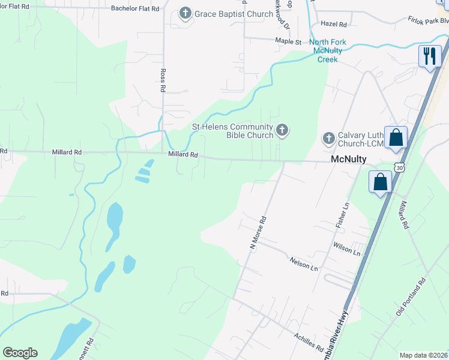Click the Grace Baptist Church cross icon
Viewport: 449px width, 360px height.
click(x=185, y=14)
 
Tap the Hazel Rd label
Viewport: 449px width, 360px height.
click(x=334, y=25)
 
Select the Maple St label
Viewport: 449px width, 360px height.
click(x=288, y=42)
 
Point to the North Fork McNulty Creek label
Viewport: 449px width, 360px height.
click(x=328, y=50)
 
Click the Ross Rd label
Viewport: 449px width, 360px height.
click(x=163, y=79)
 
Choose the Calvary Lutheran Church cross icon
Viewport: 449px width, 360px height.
click(x=328, y=139)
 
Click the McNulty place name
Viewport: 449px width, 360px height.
click(x=349, y=160)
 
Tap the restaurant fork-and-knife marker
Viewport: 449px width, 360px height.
click(x=429, y=56)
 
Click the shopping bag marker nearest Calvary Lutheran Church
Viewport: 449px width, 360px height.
click(x=396, y=137)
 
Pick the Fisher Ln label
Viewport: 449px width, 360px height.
click(x=345, y=214)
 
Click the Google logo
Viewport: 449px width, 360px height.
click(x=20, y=353)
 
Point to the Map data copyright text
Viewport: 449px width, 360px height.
click(x=424, y=355)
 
